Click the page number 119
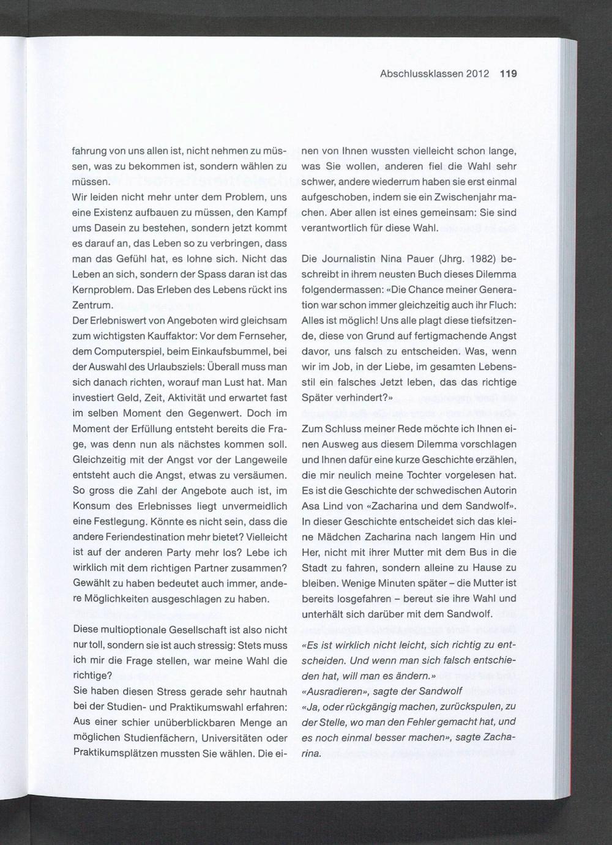coord(508,74)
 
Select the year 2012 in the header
coord(477,74)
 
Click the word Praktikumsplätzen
coord(115,753)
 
